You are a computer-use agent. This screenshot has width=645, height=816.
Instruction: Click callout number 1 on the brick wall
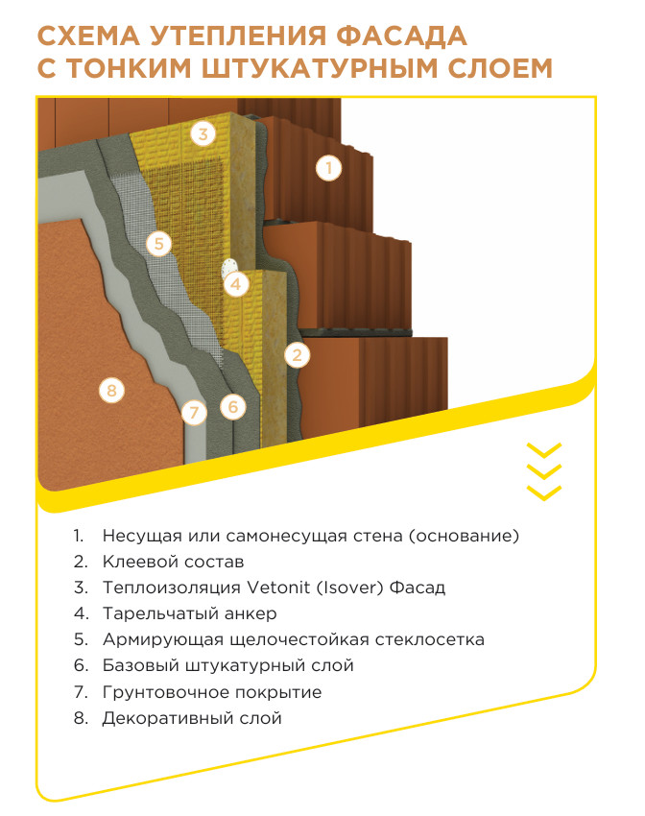[328, 168]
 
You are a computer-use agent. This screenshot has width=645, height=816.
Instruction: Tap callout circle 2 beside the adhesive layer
[297, 355]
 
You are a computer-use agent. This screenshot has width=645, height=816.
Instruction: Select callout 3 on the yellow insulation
[203, 133]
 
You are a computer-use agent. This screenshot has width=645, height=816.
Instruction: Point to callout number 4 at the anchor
[235, 284]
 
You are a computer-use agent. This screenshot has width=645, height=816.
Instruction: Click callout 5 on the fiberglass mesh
[158, 244]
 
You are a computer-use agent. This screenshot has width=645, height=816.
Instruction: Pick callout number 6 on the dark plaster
[232, 406]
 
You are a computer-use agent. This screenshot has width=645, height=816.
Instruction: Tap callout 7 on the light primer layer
[194, 412]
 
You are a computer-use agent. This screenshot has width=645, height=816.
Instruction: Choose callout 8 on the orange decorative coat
[111, 390]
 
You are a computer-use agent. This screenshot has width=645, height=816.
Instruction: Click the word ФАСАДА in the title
[401, 36]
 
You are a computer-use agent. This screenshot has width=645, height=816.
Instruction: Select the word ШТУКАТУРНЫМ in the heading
[308, 68]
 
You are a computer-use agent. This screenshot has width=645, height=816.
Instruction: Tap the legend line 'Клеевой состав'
[173, 562]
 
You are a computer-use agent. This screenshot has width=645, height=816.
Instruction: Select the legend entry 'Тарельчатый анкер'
[189, 613]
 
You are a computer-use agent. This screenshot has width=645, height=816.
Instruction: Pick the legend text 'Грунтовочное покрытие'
[212, 692]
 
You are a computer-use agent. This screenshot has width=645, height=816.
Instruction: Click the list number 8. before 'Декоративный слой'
[81, 718]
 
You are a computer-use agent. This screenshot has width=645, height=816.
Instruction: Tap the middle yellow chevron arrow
[544, 471]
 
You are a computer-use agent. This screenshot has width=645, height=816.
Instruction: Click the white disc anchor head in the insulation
[227, 269]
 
